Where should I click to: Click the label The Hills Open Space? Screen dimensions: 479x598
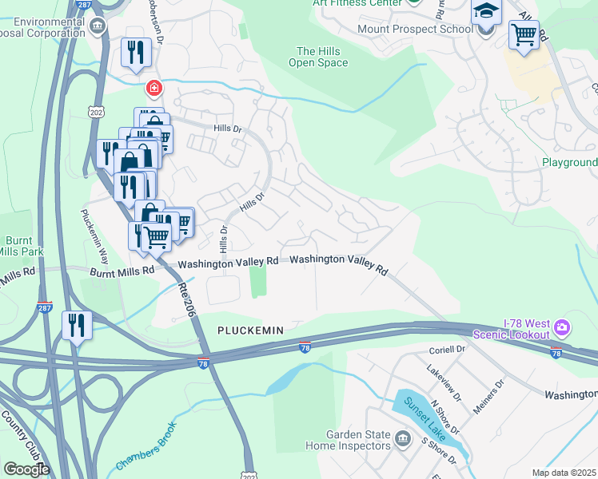point(318,57)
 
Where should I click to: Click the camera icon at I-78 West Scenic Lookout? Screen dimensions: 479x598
point(562,327)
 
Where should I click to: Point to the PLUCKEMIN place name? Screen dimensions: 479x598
point(251,330)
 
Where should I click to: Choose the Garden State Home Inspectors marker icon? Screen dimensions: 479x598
point(404,438)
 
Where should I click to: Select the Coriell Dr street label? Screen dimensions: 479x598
point(447,349)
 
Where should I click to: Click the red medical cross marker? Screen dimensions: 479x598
point(152,88)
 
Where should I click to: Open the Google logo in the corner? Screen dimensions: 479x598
point(26,469)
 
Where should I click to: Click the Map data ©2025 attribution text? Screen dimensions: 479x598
point(564,473)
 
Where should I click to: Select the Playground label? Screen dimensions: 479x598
point(570,162)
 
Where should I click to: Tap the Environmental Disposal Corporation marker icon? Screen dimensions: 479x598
point(98,26)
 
